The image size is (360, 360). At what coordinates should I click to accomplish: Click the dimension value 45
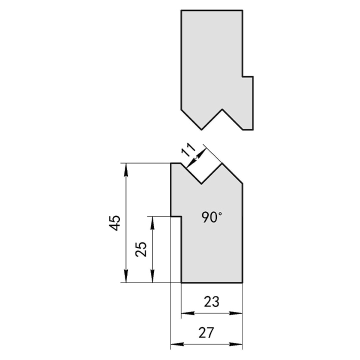pos(114,222)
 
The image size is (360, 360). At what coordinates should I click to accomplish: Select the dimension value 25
pos(141,249)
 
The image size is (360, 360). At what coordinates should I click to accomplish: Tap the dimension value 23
pos(211,301)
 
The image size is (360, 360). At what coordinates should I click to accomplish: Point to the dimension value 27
pos(206,332)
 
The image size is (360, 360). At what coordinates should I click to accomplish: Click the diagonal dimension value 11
pos(188,149)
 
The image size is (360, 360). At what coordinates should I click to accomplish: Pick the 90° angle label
pos(212,217)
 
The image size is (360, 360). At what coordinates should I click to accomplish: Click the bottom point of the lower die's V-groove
pos(201,183)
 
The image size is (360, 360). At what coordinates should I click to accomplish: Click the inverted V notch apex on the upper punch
pos(222,109)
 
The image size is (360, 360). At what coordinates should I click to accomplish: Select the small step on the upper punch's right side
pos(248,76)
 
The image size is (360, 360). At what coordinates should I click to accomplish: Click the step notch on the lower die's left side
pos(176,216)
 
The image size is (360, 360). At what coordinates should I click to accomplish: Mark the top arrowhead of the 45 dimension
pos(126,169)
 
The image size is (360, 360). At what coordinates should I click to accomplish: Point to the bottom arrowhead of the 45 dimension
pos(126,276)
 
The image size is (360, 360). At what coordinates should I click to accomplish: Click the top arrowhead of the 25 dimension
pos(152,222)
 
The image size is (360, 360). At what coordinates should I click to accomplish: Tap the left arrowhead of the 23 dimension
pos(188,313)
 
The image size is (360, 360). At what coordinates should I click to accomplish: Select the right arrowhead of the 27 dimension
pos(236,344)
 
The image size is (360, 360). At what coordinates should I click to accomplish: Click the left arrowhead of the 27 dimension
pos(177,344)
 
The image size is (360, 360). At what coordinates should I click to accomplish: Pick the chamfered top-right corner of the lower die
pos(232,173)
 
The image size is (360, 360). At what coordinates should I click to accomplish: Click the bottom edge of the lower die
pos(212,282)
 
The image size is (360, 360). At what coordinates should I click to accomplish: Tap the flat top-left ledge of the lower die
pos(176,163)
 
